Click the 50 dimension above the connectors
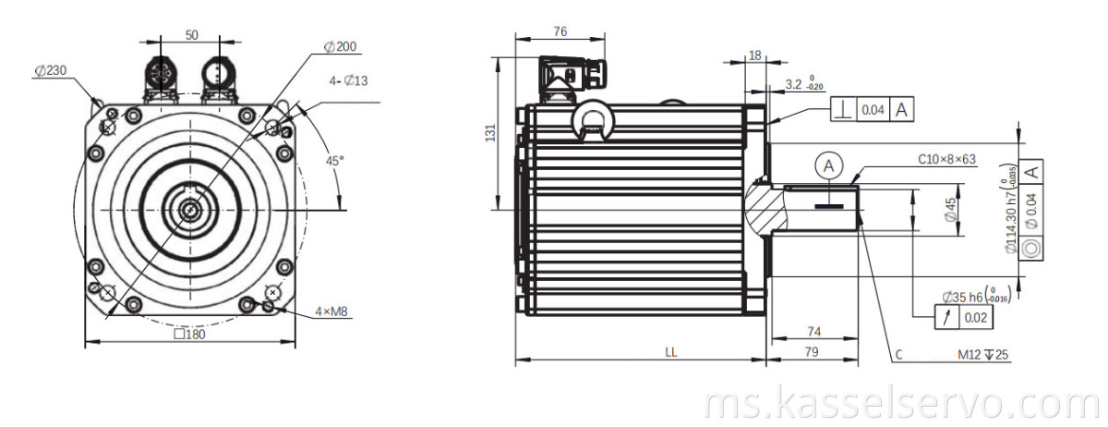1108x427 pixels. click(x=191, y=34)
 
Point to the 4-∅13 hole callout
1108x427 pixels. click(x=349, y=81)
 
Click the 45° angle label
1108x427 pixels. click(x=334, y=160)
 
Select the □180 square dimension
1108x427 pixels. click(x=189, y=335)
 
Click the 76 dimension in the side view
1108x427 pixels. click(x=560, y=30)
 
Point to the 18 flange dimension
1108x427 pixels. click(x=754, y=55)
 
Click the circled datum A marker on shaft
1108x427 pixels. click(x=829, y=165)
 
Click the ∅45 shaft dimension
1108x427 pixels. click(x=950, y=211)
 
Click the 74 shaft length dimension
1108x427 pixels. click(x=813, y=330)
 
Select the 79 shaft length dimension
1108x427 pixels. click(x=813, y=351)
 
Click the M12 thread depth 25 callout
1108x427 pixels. click(x=983, y=354)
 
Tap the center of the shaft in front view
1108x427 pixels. click(x=190, y=210)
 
